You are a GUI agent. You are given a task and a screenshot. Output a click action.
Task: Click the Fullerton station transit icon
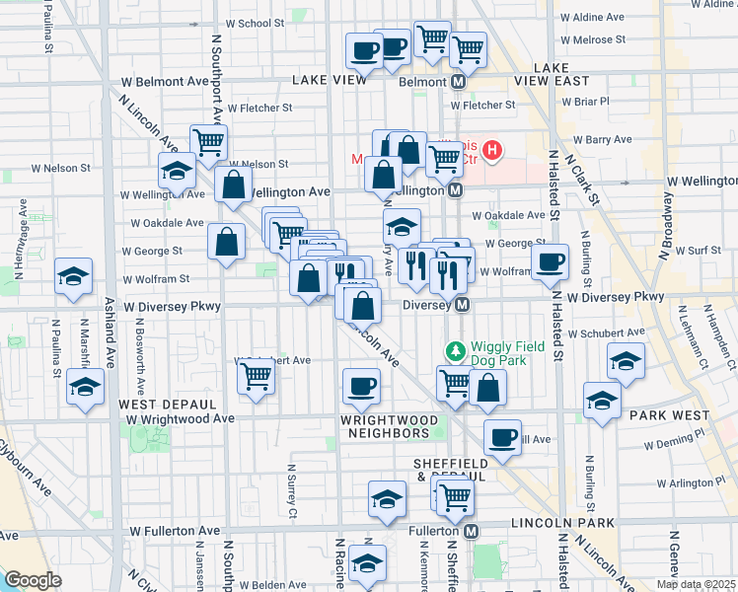tap(471, 531)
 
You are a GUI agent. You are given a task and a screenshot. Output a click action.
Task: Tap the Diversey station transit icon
tap(460, 305)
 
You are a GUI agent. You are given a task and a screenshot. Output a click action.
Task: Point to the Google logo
tap(33, 580)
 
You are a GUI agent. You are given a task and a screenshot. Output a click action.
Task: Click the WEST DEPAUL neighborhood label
tap(168, 405)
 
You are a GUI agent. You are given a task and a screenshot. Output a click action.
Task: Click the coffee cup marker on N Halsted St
tap(550, 261)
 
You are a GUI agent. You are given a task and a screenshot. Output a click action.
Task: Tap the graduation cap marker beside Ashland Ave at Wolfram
tap(74, 277)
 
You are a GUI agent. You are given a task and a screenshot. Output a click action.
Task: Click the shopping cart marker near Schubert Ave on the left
tap(256, 376)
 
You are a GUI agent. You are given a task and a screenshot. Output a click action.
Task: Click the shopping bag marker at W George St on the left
tap(227, 243)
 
